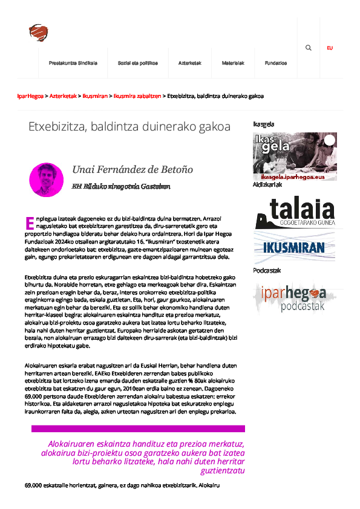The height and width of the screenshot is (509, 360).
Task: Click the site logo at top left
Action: [x=38, y=32]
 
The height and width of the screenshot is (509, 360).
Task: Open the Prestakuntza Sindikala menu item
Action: [x=73, y=63]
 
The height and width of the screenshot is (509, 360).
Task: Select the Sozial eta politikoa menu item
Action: [x=138, y=63]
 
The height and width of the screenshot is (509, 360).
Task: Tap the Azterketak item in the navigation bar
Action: [x=190, y=63]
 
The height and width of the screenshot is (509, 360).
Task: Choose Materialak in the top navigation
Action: [x=234, y=63]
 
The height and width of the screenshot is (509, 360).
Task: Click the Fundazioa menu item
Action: [x=276, y=63]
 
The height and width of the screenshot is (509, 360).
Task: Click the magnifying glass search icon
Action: [x=309, y=48]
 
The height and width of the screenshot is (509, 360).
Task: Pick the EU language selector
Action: [x=330, y=48]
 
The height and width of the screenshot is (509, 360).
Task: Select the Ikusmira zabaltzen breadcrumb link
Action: [x=137, y=96]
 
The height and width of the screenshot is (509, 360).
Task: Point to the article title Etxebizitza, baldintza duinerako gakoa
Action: [x=129, y=127]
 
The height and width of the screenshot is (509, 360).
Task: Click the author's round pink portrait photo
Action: [x=47, y=180]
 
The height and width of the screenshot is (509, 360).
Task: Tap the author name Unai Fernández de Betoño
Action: [x=133, y=170]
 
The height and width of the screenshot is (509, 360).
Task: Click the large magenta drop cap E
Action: [x=28, y=223]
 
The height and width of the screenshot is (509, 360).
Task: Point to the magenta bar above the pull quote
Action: [x=138, y=429]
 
